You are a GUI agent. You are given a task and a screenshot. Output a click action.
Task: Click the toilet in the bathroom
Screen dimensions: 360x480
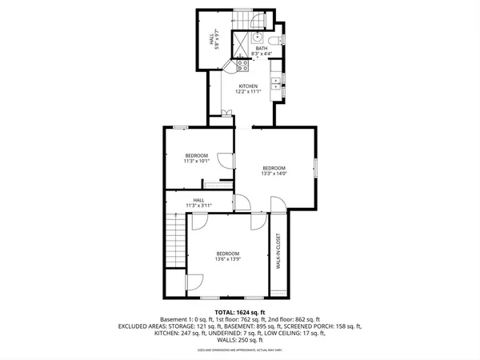[273, 40]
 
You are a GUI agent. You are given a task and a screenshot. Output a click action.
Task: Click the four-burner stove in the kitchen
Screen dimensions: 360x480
[242, 68]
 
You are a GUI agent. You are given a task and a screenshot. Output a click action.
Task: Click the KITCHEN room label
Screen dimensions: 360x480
[247, 86]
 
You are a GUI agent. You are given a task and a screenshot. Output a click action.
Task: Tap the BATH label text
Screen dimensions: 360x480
[262, 49]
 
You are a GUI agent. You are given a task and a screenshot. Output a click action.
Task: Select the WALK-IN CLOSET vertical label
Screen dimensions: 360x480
[278, 251]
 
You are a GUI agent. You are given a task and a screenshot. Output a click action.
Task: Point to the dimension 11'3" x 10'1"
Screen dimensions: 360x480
[197, 161]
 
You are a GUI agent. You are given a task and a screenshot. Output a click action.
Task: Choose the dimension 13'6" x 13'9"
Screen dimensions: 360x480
[228, 259]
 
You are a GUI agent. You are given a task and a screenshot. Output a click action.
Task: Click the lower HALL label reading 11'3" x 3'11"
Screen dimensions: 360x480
[198, 206]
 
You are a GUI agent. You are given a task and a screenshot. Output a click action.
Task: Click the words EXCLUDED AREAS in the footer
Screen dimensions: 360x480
[146, 326]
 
